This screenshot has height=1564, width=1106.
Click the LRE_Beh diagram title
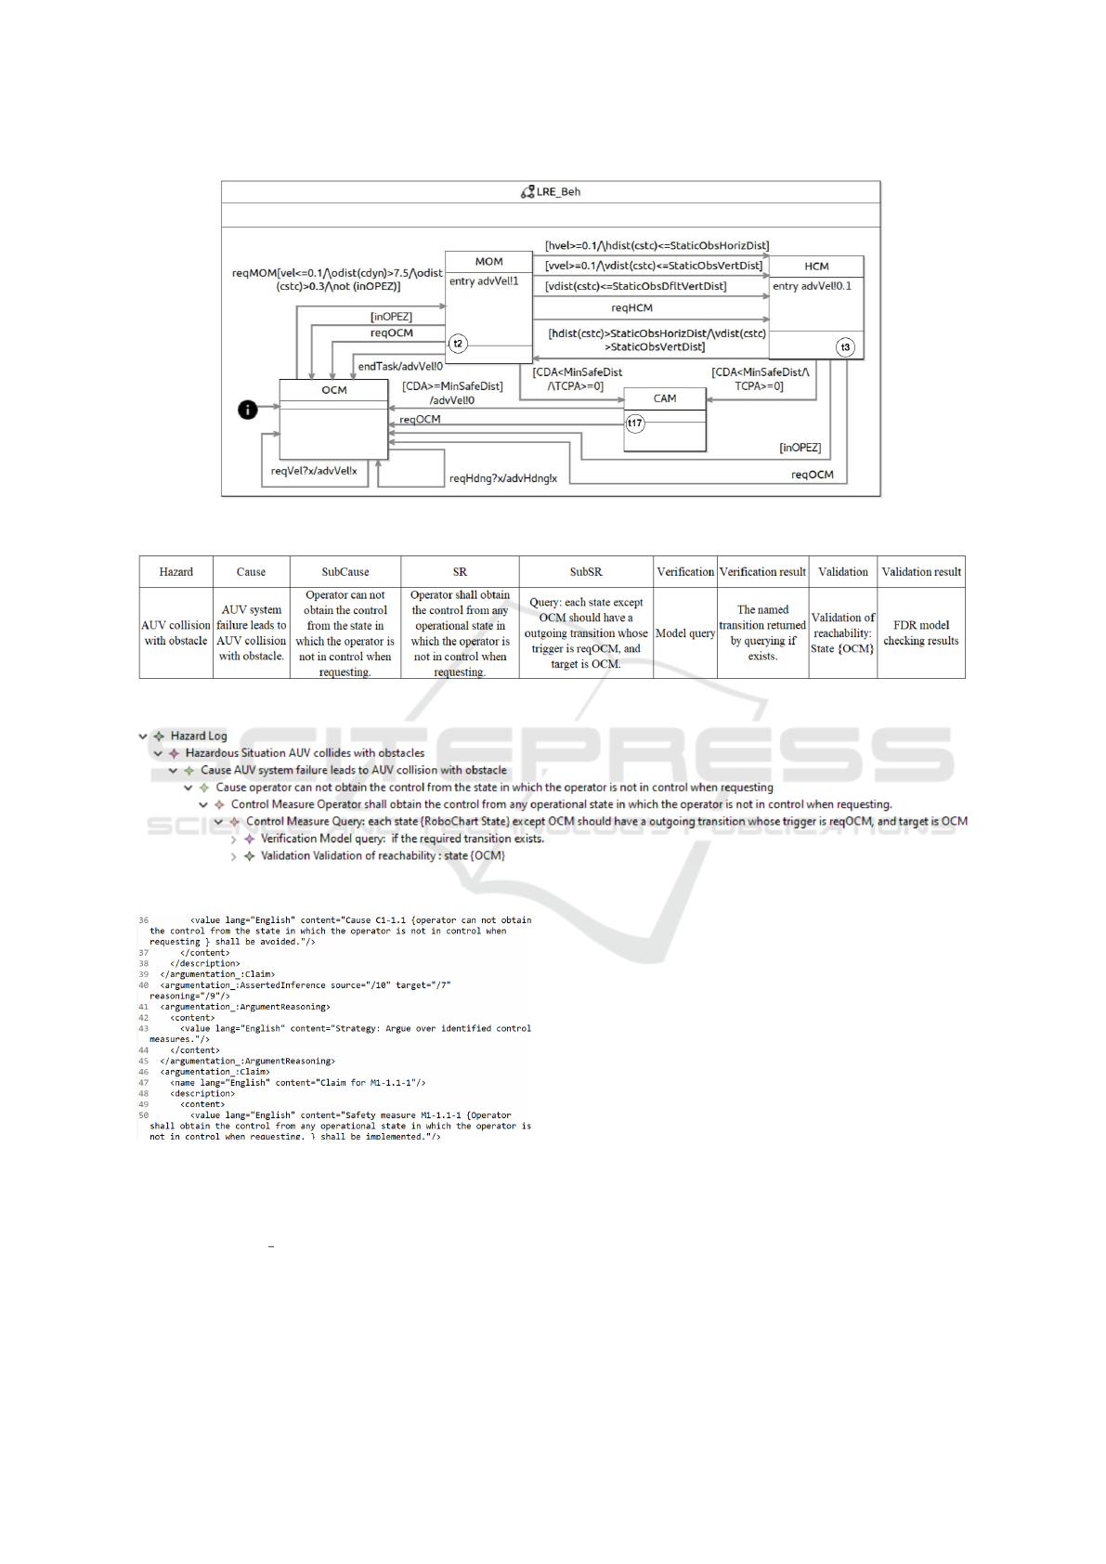[557, 192]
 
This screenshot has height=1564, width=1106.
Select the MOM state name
[488, 262]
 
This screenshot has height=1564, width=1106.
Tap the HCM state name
[816, 267]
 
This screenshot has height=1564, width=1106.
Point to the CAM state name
[665, 398]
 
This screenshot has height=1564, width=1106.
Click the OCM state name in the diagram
[334, 390]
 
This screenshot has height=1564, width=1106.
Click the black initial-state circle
[248, 409]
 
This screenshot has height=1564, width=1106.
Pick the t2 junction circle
[458, 344]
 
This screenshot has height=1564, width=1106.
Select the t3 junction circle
[845, 347]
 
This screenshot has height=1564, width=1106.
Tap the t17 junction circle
[634, 424]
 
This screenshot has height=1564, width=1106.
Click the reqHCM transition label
[631, 308]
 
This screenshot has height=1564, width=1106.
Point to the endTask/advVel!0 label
[400, 366]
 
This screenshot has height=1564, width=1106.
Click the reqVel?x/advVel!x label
[314, 471]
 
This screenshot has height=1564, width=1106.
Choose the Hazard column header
[176, 572]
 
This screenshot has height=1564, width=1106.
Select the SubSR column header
[586, 572]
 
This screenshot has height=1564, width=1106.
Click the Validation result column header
[921, 572]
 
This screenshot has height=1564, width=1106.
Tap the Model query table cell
[685, 633]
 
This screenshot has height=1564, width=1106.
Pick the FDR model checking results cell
[921, 633]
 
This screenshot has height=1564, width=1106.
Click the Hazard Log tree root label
[199, 736]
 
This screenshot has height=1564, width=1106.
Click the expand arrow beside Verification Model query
[234, 840]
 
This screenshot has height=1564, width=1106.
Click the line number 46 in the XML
[144, 1072]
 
